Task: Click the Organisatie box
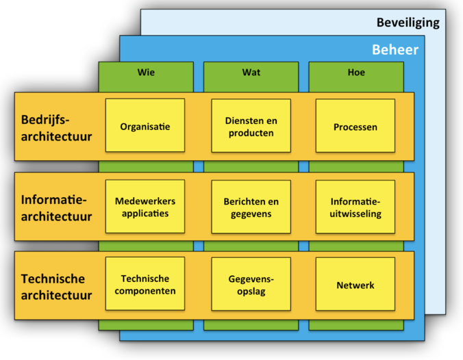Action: pyautogui.click(x=145, y=125)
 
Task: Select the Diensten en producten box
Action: pyautogui.click(x=251, y=126)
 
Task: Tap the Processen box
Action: pyautogui.click(x=355, y=126)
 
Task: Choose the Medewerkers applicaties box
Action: pyautogui.click(x=145, y=206)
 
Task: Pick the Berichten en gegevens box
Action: pyautogui.click(x=251, y=207)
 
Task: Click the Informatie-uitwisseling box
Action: pyautogui.click(x=355, y=207)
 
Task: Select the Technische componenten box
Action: pyautogui.click(x=145, y=283)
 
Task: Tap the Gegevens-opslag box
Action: pyautogui.click(x=251, y=284)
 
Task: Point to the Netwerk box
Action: pyautogui.click(x=355, y=284)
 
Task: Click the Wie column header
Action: pyautogui.click(x=146, y=73)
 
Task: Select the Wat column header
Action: pyautogui.click(x=251, y=73)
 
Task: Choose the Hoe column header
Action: pyautogui.click(x=356, y=73)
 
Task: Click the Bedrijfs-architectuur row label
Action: pyautogui.click(x=56, y=128)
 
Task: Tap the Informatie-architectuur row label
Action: pyautogui.click(x=56, y=208)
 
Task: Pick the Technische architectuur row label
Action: pyautogui.click(x=56, y=287)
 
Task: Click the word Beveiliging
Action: pyautogui.click(x=408, y=23)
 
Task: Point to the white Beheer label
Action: pyautogui.click(x=395, y=49)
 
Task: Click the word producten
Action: pyautogui.click(x=251, y=133)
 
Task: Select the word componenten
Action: pyautogui.click(x=145, y=291)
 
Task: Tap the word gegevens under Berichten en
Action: pyautogui.click(x=251, y=214)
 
